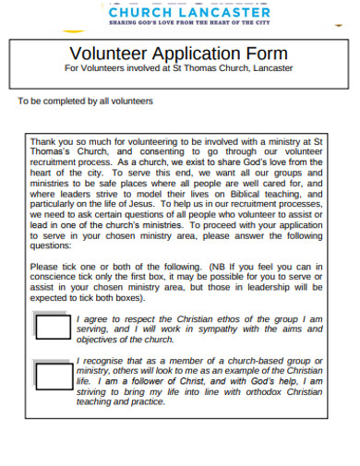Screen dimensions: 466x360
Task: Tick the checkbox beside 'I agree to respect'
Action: coord(52,327)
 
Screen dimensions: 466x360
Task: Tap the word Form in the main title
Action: coord(267,53)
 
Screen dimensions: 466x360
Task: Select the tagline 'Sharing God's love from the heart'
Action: coord(189,24)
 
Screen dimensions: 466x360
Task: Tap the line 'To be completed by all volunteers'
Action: coord(86,101)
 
